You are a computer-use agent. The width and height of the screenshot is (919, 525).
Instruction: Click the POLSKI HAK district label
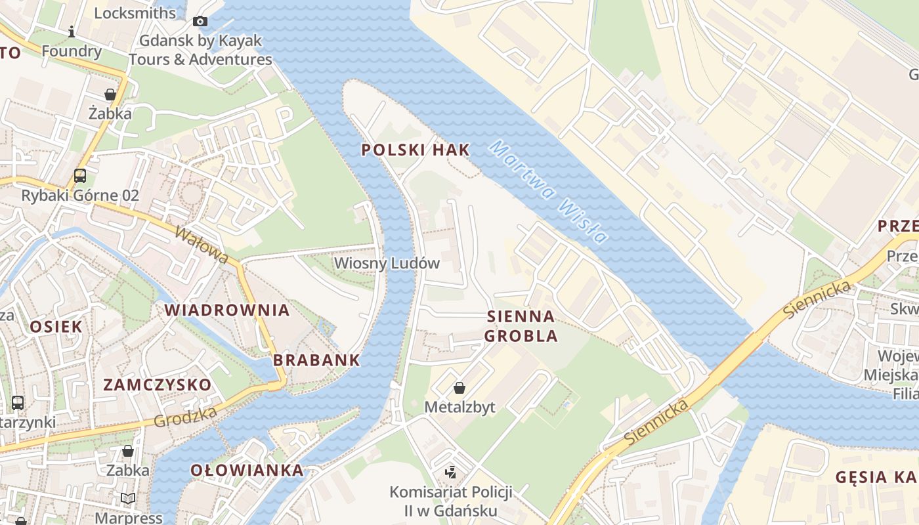point(416,150)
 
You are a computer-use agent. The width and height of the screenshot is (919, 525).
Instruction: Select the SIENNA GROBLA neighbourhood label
point(521,326)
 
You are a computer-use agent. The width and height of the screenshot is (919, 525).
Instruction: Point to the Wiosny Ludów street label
point(387,263)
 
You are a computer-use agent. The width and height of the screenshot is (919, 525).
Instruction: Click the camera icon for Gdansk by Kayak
point(200,22)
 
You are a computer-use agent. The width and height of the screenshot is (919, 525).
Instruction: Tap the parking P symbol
point(285,119)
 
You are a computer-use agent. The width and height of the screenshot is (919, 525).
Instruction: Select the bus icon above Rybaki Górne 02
point(80,176)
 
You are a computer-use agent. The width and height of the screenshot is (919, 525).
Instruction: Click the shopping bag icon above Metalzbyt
point(460,388)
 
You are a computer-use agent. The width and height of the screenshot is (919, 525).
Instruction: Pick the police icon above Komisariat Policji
point(450,472)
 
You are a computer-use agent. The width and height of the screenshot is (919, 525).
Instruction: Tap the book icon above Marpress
point(128,499)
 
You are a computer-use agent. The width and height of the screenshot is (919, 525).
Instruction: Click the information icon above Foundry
point(72,31)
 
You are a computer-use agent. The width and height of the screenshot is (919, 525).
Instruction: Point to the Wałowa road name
point(202,245)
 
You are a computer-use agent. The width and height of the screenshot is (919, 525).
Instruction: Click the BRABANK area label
point(316,360)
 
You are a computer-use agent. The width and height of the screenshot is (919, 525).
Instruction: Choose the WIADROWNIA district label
point(226,310)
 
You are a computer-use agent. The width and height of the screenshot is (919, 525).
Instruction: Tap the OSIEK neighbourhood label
point(56,326)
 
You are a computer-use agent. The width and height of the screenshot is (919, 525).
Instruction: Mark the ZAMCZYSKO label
point(158,385)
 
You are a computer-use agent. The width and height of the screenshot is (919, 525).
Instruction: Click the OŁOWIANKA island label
point(247,470)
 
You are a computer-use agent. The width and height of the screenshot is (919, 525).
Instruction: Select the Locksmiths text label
point(135,13)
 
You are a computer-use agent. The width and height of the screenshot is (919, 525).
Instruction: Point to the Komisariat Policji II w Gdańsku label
point(450,501)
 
